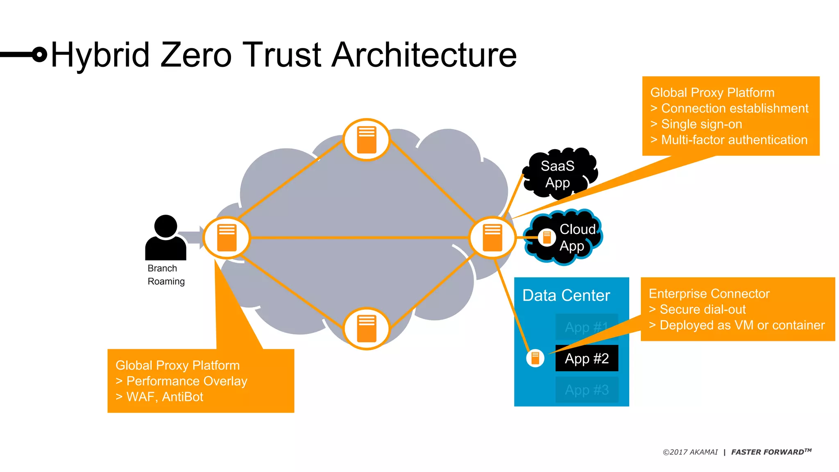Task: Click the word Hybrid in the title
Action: point(100,55)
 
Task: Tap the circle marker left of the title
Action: point(39,54)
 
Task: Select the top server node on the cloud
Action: point(366,140)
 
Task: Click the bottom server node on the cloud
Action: point(366,329)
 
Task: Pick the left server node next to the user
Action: point(227,238)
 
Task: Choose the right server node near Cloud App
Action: point(492,238)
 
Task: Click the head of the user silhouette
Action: point(166,226)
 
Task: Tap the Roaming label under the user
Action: point(166,281)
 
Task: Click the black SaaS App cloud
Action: point(558,174)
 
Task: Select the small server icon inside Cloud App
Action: point(546,237)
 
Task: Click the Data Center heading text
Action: point(566,295)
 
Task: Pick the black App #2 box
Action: point(587,359)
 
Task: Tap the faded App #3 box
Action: point(587,390)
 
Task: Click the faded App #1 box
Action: point(587,327)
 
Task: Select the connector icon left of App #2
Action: point(535,359)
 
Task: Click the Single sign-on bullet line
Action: point(701,124)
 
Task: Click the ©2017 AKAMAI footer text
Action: point(690,452)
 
